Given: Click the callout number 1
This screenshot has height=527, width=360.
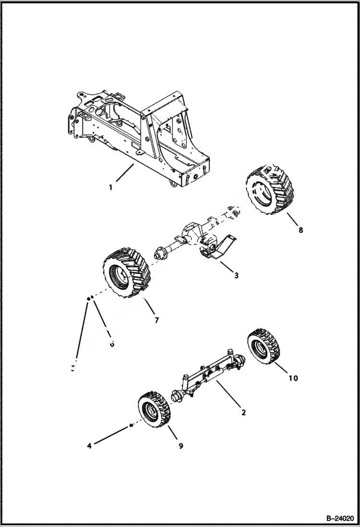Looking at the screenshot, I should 111,187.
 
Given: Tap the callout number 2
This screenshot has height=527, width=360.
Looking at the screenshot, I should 244,412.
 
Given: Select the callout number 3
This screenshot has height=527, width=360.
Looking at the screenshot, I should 236,275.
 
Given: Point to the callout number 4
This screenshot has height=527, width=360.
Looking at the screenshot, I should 89,446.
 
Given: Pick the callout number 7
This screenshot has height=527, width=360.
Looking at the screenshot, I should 156,319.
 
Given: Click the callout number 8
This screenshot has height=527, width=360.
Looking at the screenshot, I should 300,230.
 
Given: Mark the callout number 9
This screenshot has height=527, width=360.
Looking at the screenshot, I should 181,446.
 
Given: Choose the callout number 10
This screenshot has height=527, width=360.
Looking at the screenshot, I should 293,378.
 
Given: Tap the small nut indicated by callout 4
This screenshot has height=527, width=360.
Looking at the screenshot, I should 130,426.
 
